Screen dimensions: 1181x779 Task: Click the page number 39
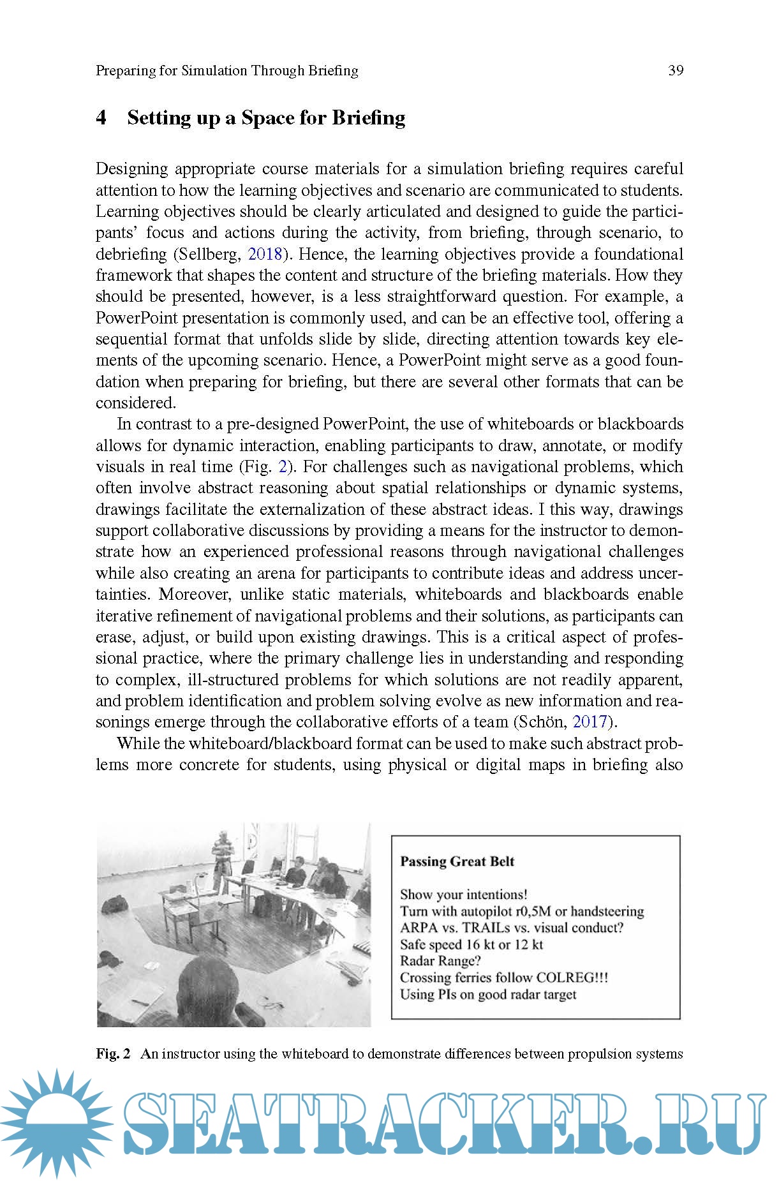(676, 70)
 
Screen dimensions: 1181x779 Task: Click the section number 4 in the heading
(101, 118)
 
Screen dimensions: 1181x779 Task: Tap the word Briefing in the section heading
(369, 118)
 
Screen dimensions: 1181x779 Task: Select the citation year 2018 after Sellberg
(264, 254)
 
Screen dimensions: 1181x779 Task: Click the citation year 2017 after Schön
(590, 722)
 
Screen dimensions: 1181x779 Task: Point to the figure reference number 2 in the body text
(283, 466)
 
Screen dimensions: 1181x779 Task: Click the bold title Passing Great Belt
(457, 861)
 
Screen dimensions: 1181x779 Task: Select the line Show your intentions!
(463, 895)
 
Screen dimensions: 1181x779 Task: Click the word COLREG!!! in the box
(572, 977)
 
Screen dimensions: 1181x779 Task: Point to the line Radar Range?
(440, 961)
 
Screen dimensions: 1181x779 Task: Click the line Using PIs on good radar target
(488, 994)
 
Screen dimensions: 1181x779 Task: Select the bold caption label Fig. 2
(114, 1053)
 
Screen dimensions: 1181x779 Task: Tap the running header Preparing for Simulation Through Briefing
(226, 70)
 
